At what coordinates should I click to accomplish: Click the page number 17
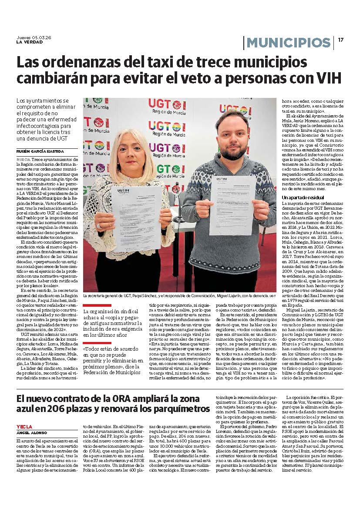pyautogui.click(x=341, y=40)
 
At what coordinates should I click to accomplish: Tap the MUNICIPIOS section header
pyautogui.click(x=289, y=43)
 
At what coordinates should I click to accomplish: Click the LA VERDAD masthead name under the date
pyautogui.click(x=30, y=42)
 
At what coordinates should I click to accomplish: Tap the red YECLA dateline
pyautogui.click(x=24, y=427)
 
